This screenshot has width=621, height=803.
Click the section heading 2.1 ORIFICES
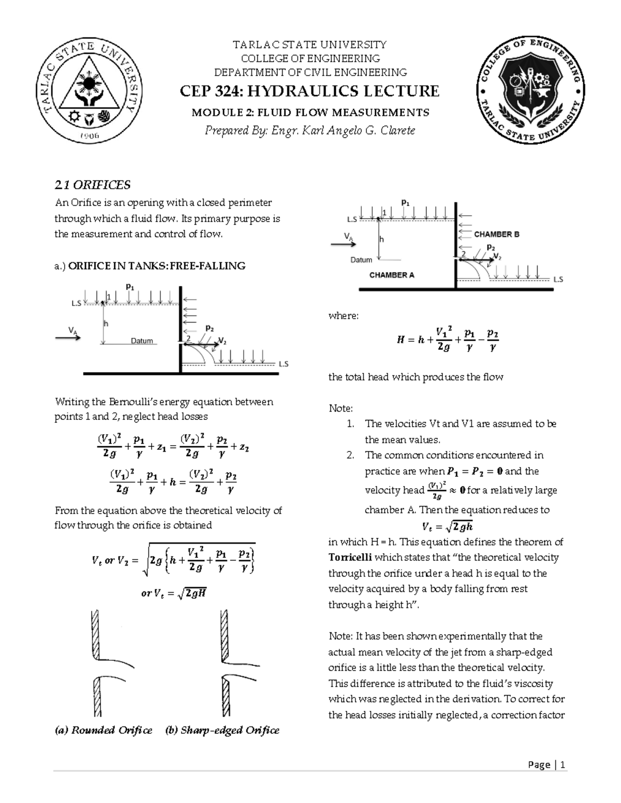[x=93, y=185]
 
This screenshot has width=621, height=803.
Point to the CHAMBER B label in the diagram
[x=496, y=234]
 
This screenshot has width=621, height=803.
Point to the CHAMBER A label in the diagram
[x=392, y=275]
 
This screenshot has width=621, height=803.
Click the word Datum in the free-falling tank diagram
[x=142, y=341]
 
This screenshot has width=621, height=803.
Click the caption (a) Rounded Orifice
[x=104, y=730]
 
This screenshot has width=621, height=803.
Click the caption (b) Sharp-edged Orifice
[x=222, y=730]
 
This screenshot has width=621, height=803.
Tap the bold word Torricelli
[x=350, y=557]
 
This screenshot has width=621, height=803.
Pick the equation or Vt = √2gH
[x=174, y=594]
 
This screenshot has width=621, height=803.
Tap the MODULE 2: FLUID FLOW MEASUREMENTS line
[x=310, y=112]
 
